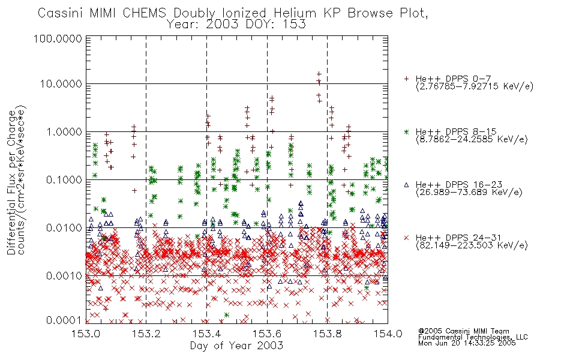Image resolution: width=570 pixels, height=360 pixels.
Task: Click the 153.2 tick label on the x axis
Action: pyautogui.click(x=146, y=333)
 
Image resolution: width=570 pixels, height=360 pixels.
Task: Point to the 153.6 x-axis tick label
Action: pyautogui.click(x=267, y=333)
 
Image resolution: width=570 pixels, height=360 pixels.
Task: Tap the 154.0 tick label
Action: pyautogui.click(x=388, y=333)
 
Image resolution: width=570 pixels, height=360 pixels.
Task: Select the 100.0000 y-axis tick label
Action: pyautogui.click(x=58, y=38)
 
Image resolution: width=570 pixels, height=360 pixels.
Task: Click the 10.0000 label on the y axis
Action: pyautogui.click(x=61, y=84)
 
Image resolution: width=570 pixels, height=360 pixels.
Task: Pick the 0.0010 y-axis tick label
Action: pyautogui.click(x=64, y=276)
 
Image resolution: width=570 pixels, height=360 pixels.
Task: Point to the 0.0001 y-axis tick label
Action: pyautogui.click(x=64, y=320)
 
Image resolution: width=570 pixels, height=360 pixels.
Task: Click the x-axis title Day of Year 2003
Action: pyautogui.click(x=236, y=346)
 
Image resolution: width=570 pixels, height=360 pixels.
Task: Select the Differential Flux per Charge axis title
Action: pyautogui.click(x=12, y=182)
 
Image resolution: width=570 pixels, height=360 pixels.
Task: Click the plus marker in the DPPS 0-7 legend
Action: pyautogui.click(x=406, y=79)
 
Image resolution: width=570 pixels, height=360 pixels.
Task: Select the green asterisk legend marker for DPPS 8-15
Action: pyautogui.click(x=406, y=131)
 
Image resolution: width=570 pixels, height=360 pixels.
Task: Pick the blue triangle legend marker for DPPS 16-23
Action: pyautogui.click(x=406, y=185)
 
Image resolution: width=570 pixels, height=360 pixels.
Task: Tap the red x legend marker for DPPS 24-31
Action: pyautogui.click(x=406, y=238)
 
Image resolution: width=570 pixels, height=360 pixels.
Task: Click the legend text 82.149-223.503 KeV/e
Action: pyautogui.click(x=472, y=245)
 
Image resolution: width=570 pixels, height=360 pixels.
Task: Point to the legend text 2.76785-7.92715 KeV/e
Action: pyautogui.click(x=475, y=86)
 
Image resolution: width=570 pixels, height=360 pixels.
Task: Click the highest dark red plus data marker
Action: pyautogui.click(x=319, y=74)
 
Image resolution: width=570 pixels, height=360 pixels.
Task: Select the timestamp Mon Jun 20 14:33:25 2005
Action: pyautogui.click(x=467, y=343)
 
